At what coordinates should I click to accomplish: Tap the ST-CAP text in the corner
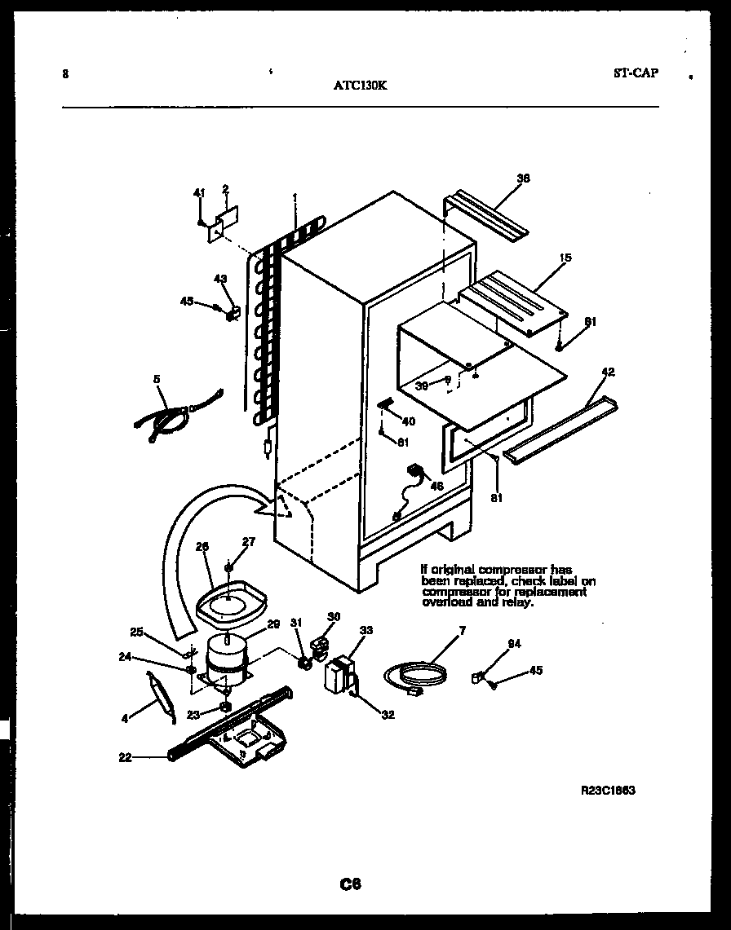[x=635, y=73]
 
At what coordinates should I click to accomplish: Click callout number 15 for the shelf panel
[x=565, y=258]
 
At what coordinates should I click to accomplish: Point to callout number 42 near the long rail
[x=609, y=372]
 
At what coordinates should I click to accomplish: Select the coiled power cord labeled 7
[x=416, y=676]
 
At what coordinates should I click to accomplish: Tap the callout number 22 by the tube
[x=125, y=757]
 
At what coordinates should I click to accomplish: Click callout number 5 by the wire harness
[x=156, y=378]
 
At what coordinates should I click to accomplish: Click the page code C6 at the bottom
[x=351, y=884]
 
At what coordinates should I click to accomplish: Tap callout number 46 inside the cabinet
[x=436, y=486]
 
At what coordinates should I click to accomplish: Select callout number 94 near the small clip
[x=514, y=644]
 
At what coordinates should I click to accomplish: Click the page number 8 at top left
[x=65, y=75]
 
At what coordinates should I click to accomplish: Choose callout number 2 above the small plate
[x=224, y=190]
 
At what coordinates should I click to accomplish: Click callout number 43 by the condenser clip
[x=219, y=279]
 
